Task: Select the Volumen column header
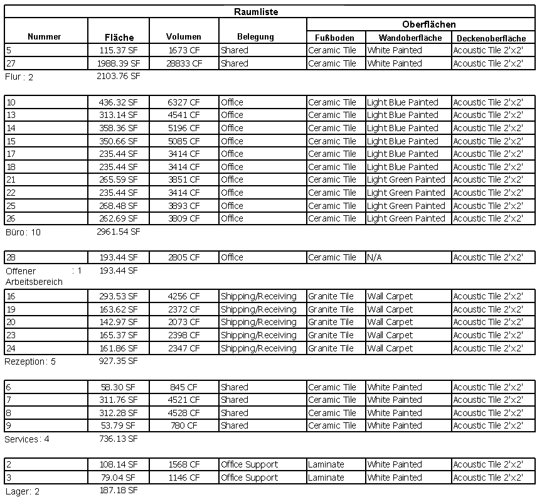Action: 184,37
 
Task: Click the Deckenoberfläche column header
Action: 491,38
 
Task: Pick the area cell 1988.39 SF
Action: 119,63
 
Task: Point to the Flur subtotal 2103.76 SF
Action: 119,77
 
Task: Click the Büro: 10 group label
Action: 23,232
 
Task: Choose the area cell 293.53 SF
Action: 119,296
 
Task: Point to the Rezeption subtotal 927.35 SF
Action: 119,361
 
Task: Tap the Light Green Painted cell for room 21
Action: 406,179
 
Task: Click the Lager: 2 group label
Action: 22,491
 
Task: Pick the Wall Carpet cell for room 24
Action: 390,348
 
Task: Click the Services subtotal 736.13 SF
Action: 119,439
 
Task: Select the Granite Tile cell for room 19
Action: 331,309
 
